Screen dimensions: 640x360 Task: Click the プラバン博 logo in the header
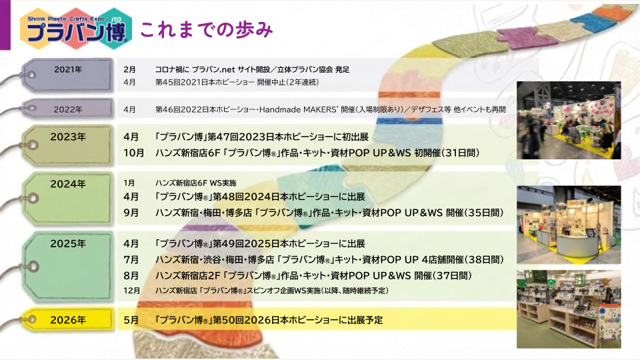pos(76,29)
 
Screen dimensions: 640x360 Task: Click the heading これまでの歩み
pos(207,30)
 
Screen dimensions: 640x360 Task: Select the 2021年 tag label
pos(68,70)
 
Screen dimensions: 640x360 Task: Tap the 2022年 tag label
pos(68,109)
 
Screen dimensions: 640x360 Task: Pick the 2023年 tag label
pos(68,137)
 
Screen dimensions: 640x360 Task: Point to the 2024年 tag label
pos(68,184)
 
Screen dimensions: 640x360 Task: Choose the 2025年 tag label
pos(68,244)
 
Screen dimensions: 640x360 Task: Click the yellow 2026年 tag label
pos(68,320)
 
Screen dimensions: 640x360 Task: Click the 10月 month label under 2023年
pos(134,153)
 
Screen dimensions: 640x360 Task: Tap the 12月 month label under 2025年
pos(132,291)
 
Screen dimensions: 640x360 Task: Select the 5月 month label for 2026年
pos(131,320)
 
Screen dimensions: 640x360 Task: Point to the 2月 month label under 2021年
pos(129,70)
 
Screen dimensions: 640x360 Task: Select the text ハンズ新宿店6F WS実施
pos(195,183)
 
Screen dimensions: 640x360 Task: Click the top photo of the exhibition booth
pos(569,121)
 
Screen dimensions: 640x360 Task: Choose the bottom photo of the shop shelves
pos(569,309)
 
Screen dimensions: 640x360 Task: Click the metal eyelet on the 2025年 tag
pos(33,267)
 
